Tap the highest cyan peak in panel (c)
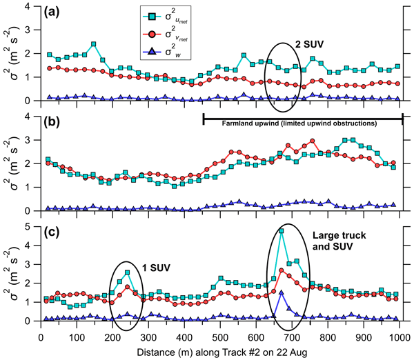(282, 231)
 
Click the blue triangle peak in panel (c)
(282, 292)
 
